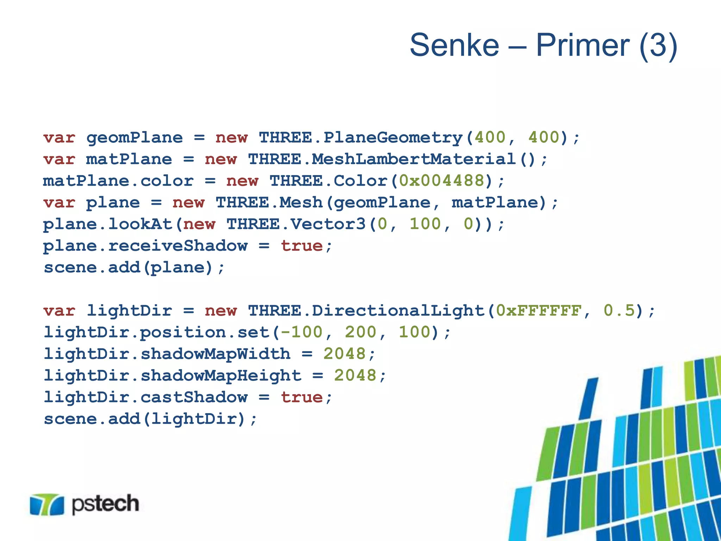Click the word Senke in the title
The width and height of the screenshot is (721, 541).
tap(454, 45)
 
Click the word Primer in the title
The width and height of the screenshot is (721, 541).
tap(583, 45)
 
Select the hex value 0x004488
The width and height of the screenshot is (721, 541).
tap(442, 181)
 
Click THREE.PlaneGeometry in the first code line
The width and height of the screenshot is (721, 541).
tap(361, 138)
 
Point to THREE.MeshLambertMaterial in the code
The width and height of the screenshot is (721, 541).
tap(382, 159)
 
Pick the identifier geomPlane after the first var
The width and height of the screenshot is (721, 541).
tap(134, 138)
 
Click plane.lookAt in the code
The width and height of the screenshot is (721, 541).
tap(107, 224)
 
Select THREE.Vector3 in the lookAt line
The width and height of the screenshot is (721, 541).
tap(296, 224)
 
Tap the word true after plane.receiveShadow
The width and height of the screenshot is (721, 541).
tap(302, 246)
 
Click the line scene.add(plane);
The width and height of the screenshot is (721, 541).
tap(134, 268)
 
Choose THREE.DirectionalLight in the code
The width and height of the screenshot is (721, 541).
tap(366, 311)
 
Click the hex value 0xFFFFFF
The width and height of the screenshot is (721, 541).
tap(539, 311)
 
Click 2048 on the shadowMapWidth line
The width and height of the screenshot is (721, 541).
tap(345, 354)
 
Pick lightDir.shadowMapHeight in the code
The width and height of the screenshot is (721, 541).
tap(173, 375)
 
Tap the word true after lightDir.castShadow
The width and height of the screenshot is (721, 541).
tap(302, 397)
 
